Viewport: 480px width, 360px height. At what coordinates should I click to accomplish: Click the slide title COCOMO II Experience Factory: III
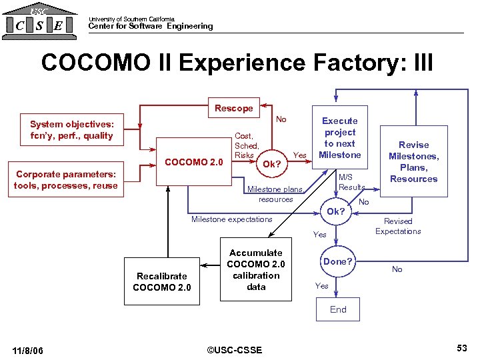pyautogui.click(x=237, y=63)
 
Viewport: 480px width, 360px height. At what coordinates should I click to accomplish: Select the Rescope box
pyautogui.click(x=233, y=108)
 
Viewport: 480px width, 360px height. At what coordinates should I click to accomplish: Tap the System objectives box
pyautogui.click(x=72, y=129)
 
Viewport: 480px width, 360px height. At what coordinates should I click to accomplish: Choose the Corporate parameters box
pyautogui.click(x=66, y=179)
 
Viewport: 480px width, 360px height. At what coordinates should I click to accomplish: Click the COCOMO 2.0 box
pyautogui.click(x=193, y=161)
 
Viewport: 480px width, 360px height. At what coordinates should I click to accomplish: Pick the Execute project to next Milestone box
pyautogui.click(x=340, y=138)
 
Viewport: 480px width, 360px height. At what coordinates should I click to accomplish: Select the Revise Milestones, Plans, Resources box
pyautogui.click(x=413, y=161)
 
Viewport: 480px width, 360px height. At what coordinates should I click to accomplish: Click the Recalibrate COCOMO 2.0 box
pyautogui.click(x=162, y=281)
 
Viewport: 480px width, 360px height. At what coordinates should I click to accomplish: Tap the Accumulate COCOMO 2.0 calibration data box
pyautogui.click(x=256, y=269)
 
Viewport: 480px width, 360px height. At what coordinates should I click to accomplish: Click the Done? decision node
pyautogui.click(x=338, y=261)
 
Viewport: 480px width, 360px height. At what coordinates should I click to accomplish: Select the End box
pyautogui.click(x=338, y=309)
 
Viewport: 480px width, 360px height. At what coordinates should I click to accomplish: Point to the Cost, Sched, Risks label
pyautogui.click(x=246, y=145)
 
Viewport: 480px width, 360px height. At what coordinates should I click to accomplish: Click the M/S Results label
pyautogui.click(x=351, y=182)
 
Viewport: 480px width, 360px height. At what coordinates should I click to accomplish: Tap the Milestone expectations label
pyautogui.click(x=231, y=219)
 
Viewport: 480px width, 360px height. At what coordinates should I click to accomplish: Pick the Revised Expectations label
pyautogui.click(x=398, y=226)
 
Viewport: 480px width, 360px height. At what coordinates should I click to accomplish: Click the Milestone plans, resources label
pyautogui.click(x=275, y=194)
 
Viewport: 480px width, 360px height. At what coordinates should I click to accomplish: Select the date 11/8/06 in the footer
pyautogui.click(x=28, y=350)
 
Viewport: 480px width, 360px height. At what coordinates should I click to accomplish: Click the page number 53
pyautogui.click(x=461, y=348)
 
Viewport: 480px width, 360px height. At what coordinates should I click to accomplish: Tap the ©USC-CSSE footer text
pyautogui.click(x=234, y=350)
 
